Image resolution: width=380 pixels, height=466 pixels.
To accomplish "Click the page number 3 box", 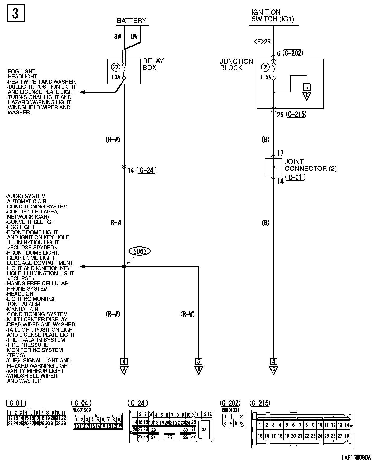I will click(16, 13).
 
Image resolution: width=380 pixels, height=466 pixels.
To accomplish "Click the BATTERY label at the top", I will click(131, 21).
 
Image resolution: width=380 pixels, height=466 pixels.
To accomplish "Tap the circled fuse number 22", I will click(116, 67).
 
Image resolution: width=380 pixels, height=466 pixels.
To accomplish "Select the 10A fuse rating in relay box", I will click(116, 77).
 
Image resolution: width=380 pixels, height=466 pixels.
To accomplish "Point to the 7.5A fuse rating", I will click(265, 78).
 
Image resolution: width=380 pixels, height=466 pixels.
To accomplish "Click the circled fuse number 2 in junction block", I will click(265, 67).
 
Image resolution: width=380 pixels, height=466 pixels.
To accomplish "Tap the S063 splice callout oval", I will click(140, 251).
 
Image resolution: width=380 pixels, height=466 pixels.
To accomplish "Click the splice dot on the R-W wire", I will click(124, 267).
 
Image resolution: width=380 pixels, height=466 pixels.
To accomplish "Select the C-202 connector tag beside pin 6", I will click(293, 53).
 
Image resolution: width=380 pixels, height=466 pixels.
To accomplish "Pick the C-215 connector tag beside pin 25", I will click(296, 114).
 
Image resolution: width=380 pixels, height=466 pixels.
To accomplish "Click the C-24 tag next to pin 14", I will click(147, 170).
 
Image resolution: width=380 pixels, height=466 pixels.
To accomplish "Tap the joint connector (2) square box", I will click(273, 167).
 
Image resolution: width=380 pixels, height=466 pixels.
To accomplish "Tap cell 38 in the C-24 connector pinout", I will click(204, 430).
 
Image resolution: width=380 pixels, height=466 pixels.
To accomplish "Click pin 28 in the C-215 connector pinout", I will click(346, 436).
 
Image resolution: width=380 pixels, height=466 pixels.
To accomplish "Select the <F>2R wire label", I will click(262, 42).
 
